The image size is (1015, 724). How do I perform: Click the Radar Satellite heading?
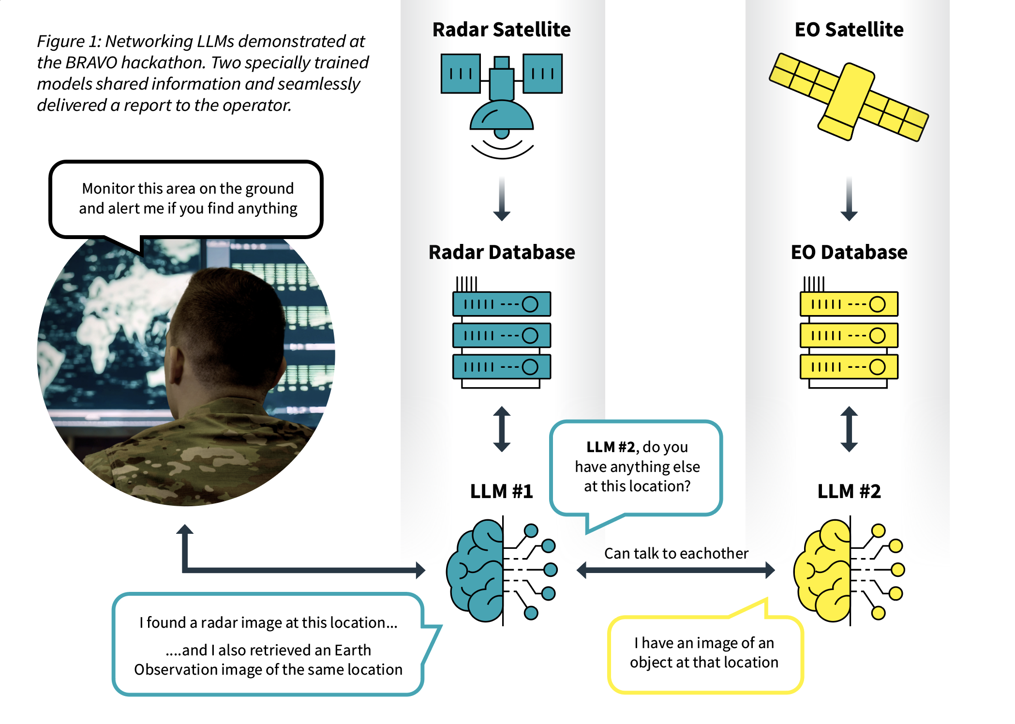(x=501, y=30)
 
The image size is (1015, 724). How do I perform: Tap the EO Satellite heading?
(x=849, y=30)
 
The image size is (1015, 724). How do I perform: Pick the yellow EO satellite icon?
(x=849, y=97)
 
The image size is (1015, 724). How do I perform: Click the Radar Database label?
(x=502, y=252)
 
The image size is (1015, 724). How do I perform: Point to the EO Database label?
(x=849, y=252)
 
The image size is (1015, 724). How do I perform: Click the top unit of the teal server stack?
(x=502, y=304)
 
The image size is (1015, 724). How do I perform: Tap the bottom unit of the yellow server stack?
(x=849, y=367)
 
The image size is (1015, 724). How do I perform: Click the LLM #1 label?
(x=501, y=491)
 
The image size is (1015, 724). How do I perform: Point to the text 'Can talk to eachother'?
(x=676, y=553)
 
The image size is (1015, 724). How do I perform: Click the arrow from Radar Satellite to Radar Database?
(x=502, y=199)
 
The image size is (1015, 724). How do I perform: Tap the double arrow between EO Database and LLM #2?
(x=849, y=429)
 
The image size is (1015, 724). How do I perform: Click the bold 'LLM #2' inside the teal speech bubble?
(x=610, y=447)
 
